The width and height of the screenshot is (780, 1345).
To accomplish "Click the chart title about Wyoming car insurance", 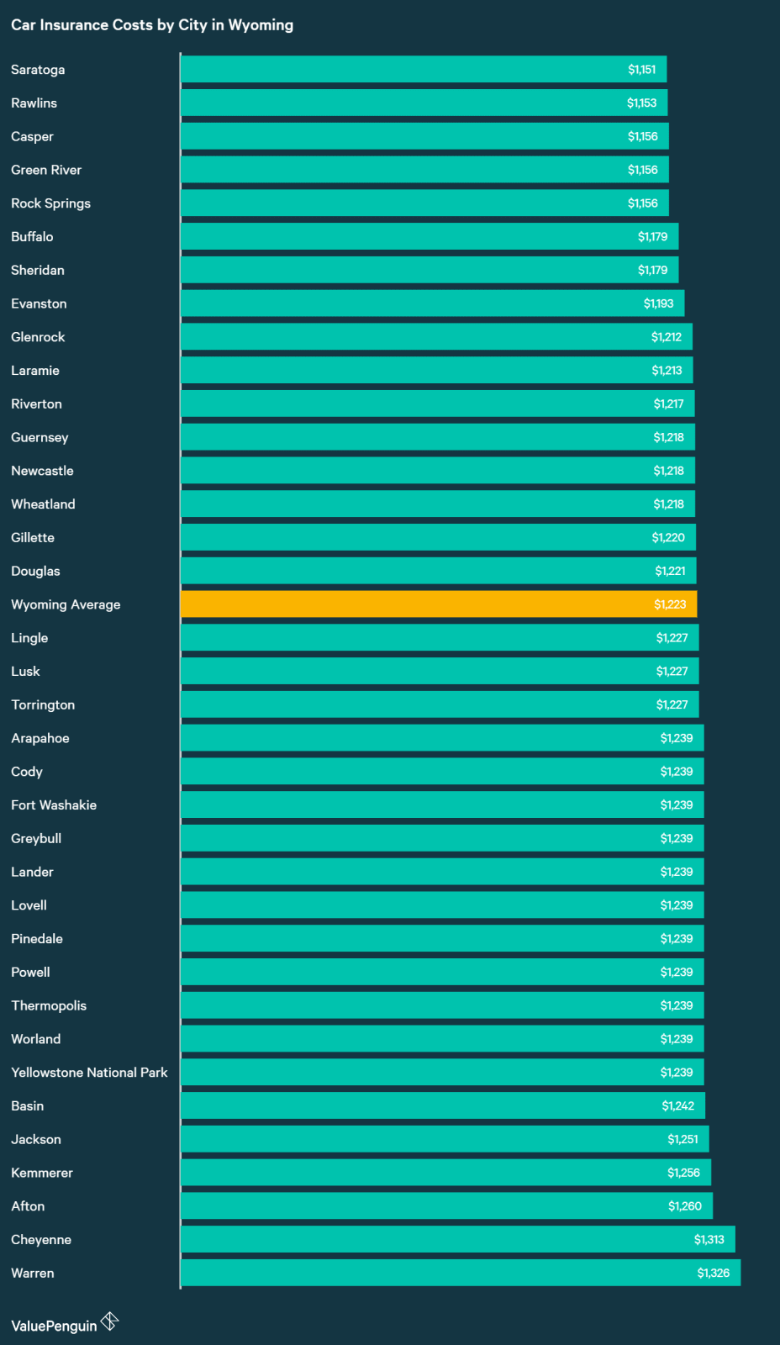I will (x=152, y=25).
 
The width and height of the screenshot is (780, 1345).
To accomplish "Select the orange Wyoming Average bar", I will (x=438, y=604).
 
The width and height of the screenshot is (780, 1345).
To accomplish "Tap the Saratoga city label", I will (x=38, y=70).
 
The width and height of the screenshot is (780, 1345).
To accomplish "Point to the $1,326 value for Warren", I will (x=713, y=1273).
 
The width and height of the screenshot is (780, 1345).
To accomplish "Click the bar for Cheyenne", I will (x=457, y=1239).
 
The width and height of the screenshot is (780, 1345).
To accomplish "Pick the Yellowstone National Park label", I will (x=89, y=1073).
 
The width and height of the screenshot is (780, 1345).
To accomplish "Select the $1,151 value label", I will (x=641, y=70).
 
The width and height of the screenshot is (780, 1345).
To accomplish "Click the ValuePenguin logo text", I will (x=54, y=1326).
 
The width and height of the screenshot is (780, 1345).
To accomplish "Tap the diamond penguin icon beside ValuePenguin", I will (x=110, y=1321).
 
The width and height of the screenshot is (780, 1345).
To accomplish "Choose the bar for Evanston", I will (x=432, y=303).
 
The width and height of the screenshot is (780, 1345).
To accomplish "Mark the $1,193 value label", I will (x=658, y=303).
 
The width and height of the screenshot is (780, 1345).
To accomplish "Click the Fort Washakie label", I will (x=54, y=805).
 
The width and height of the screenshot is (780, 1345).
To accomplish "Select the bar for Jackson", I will (x=445, y=1139).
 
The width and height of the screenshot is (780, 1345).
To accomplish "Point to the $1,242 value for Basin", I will (x=677, y=1105).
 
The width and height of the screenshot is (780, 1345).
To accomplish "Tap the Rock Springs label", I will (x=50, y=203).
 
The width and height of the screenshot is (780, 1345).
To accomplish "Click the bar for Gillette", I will (x=438, y=537).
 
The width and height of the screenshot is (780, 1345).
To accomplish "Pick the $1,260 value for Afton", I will (x=684, y=1206).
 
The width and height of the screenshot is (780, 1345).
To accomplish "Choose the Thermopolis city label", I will (x=49, y=1005).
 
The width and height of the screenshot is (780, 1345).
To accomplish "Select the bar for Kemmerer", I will (x=445, y=1173).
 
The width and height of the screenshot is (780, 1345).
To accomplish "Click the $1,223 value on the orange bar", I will (x=670, y=604).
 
